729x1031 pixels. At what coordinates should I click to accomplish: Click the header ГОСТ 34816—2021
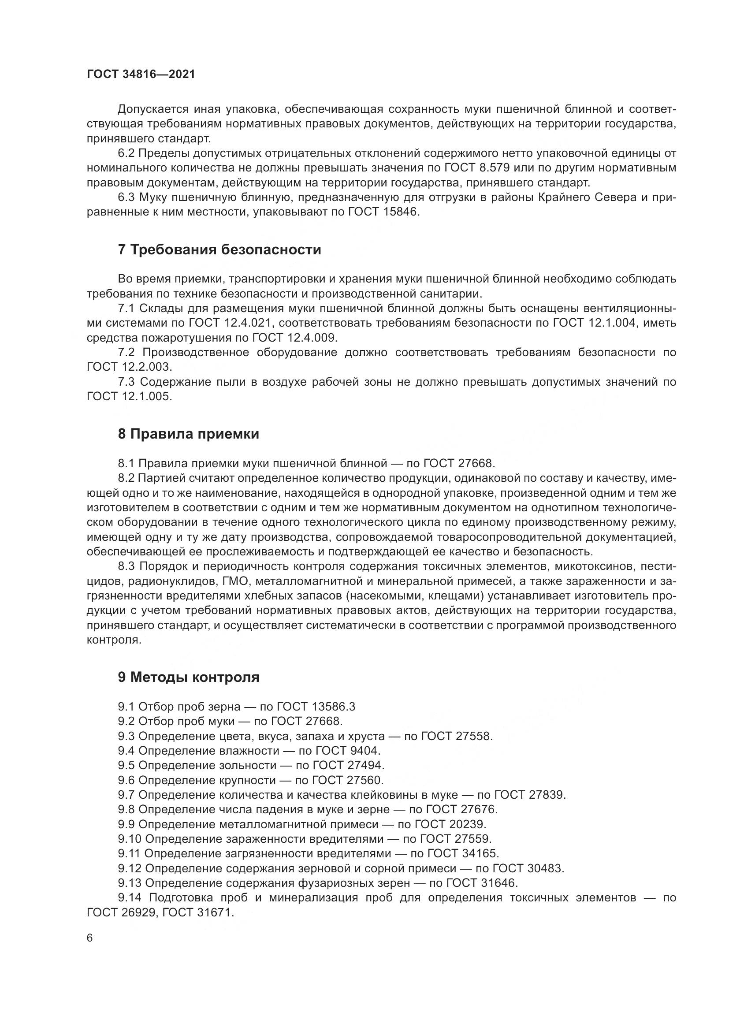point(141,74)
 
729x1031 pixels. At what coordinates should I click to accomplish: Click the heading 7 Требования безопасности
point(219,249)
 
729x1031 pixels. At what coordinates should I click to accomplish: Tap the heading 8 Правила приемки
point(189,434)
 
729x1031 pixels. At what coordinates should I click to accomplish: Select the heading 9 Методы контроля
point(189,677)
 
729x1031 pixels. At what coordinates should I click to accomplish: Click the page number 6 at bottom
point(90,938)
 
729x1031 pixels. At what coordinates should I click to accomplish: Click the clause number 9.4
point(126,751)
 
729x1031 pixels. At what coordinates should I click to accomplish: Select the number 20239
point(466,824)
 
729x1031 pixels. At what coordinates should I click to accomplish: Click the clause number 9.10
point(129,839)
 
